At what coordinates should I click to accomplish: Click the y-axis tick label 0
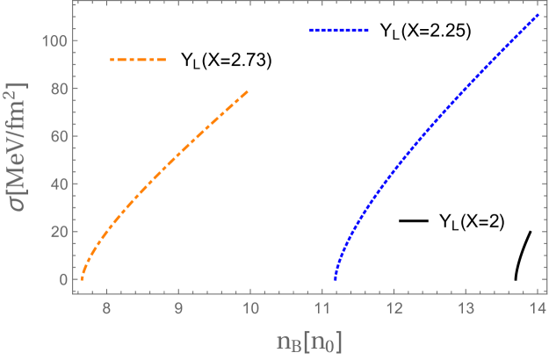pos(62,279)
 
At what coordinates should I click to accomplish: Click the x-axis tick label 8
pos(106,309)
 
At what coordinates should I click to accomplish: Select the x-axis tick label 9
pos(178,309)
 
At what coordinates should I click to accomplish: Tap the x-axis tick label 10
pos(250,309)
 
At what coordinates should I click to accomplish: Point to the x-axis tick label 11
pos(322,309)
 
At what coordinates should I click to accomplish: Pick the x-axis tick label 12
pos(394,309)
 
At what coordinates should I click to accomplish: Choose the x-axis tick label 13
pos(466,309)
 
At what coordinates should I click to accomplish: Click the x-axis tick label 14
pos(538,309)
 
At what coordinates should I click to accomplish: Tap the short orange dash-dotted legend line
pos(138,60)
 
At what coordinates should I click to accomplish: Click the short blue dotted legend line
pos(339,31)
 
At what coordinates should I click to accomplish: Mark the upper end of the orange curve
pos(249,90)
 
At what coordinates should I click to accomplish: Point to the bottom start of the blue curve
pos(336,278)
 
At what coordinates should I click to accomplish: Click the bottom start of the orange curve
pos(82,278)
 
